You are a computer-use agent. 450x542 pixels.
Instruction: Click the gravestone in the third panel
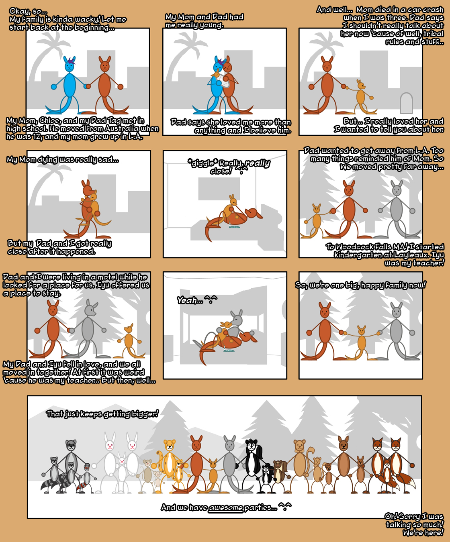pos(406,103)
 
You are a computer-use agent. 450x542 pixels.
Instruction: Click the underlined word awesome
pos(225,507)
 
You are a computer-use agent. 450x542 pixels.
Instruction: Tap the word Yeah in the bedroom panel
pos(187,300)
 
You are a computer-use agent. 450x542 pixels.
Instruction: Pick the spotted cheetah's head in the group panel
pos(170,445)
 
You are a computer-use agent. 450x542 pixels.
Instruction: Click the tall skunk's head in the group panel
pos(251,445)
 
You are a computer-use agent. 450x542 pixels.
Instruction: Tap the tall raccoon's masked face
pos(71,445)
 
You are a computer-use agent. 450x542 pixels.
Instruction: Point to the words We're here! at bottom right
pos(423,533)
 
